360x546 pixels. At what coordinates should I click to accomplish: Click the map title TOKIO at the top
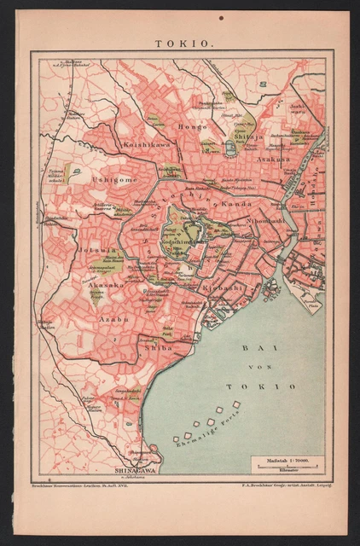click(180, 40)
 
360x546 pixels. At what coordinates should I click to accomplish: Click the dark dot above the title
click(221, 17)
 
